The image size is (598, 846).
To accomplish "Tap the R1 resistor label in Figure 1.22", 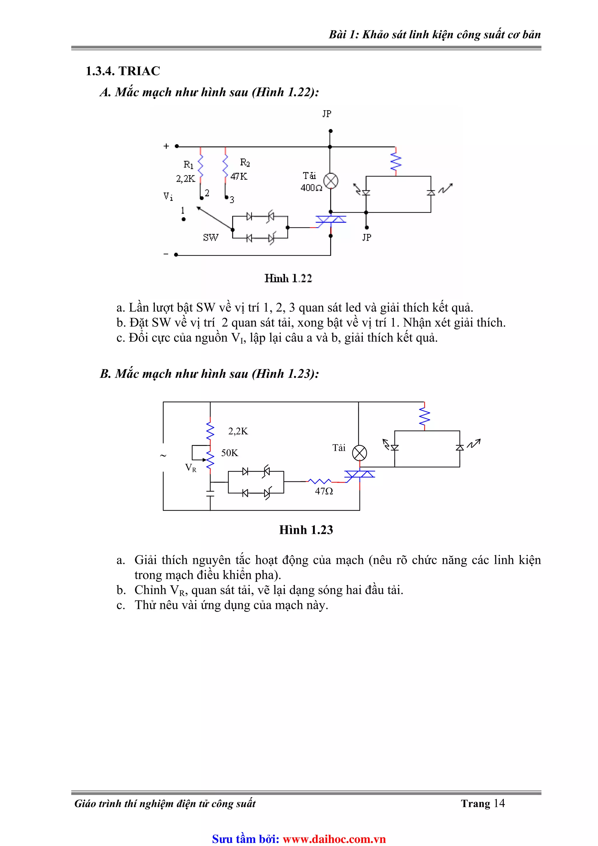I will (188, 164).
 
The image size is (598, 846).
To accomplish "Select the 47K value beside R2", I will (239, 176).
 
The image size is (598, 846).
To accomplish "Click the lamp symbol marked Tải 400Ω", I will (331, 181).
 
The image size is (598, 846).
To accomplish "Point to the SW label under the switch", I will (211, 238).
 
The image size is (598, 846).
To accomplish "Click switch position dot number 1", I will (183, 219).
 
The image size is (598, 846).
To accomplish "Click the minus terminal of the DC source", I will (176, 255).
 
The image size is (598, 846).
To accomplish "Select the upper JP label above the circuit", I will (326, 114).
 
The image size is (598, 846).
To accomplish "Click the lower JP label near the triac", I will (367, 238).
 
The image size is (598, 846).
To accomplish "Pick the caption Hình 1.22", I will (288, 279).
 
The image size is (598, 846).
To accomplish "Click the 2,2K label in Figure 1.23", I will (238, 431).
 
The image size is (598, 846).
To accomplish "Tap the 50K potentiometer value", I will (230, 453).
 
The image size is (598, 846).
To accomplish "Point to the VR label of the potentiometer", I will (190, 468).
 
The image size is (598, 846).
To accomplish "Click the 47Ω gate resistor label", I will (324, 491).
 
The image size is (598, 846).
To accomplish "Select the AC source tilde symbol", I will (163, 456).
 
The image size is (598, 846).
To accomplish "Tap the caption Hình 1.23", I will (306, 530).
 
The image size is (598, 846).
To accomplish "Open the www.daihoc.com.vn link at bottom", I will (334, 839).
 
